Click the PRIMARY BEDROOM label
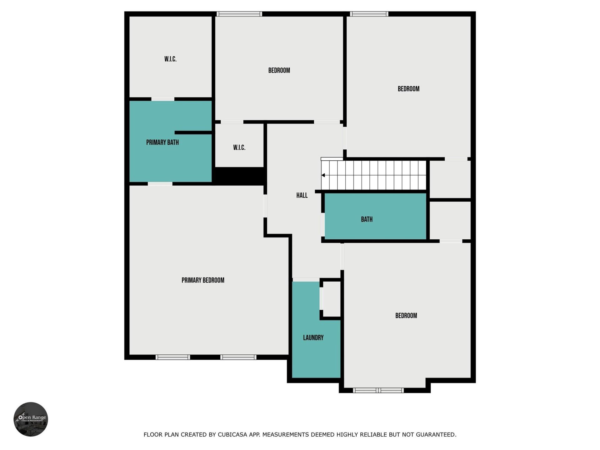click(203, 280)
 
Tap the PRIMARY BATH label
click(162, 142)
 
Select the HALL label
click(302, 195)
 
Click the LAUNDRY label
click(313, 337)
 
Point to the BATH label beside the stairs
click(367, 219)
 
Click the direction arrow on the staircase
click(323, 175)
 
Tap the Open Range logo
click(31, 419)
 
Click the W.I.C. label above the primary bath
click(170, 59)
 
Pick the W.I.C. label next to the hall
click(239, 147)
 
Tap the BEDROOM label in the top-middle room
click(279, 70)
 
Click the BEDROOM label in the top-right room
click(408, 89)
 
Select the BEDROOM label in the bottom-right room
click(406, 316)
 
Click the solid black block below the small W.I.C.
click(239, 176)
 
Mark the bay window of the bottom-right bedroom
click(378, 390)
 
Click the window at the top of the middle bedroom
click(239, 14)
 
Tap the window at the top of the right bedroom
click(369, 14)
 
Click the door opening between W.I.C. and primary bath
click(163, 99)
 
